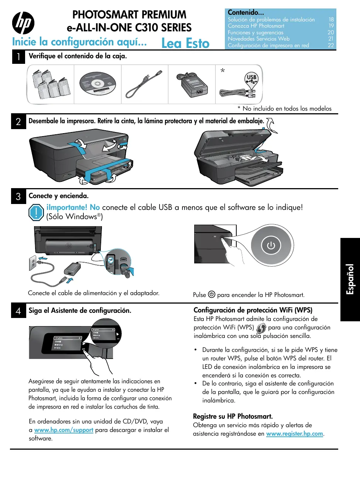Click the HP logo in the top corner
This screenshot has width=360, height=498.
pyautogui.click(x=23, y=23)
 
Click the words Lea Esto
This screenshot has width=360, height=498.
pyautogui.click(x=185, y=44)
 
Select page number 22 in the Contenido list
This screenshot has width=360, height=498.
pyautogui.click(x=331, y=45)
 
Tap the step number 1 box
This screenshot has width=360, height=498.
pyautogui.click(x=18, y=57)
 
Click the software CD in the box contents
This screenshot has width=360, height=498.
pyautogui.click(x=98, y=84)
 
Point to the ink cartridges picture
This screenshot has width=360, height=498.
pyautogui.click(x=51, y=84)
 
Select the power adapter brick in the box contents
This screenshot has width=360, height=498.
pyautogui.click(x=192, y=85)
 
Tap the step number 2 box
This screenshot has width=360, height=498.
pyautogui.click(x=18, y=122)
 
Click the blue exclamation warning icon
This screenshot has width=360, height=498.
pyautogui.click(x=36, y=212)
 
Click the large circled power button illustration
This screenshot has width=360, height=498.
pyautogui.click(x=271, y=245)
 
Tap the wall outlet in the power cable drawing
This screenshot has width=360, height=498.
pyautogui.click(x=33, y=264)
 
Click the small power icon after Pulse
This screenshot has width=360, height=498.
pyautogui.click(x=212, y=294)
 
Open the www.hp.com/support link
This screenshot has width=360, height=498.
pyautogui.click(x=64, y=430)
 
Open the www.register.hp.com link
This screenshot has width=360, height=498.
pyautogui.click(x=295, y=434)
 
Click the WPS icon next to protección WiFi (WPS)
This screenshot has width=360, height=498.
pyautogui.click(x=261, y=328)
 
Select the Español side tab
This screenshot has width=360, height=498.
pyautogui.click(x=350, y=279)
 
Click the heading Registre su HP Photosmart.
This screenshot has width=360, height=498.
pyautogui.click(x=233, y=416)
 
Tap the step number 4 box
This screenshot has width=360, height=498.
pyautogui.click(x=18, y=311)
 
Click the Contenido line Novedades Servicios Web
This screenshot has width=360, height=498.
pyautogui.click(x=258, y=39)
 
